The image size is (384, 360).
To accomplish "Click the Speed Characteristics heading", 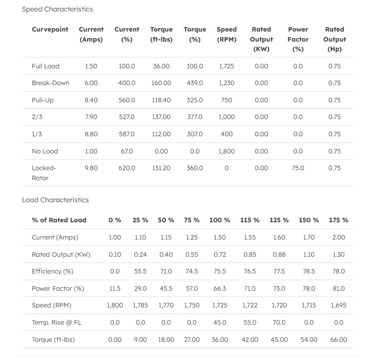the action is click(x=57, y=9).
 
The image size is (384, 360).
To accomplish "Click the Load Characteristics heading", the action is click(x=55, y=200).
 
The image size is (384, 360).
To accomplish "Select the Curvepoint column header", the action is click(x=50, y=29).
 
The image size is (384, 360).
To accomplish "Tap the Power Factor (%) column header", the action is click(x=298, y=39).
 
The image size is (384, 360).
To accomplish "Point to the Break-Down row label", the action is click(x=50, y=83).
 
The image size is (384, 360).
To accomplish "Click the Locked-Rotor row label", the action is click(x=44, y=173).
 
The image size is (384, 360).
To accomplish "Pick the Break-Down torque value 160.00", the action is click(x=161, y=83).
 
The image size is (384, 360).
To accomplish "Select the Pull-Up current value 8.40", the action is click(x=91, y=100).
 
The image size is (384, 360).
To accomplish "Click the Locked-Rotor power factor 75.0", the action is click(x=298, y=168).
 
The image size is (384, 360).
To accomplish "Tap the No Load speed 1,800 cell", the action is click(x=227, y=152).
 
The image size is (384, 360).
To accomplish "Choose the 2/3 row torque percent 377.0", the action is click(x=195, y=117).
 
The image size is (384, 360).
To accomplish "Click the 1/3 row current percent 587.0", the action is click(x=127, y=134).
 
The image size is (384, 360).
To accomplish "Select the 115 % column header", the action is click(x=250, y=220).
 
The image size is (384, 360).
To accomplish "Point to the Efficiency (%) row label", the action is click(x=53, y=272).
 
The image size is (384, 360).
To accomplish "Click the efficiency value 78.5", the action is click(x=309, y=272).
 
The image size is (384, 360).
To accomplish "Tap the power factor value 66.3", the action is click(x=219, y=288).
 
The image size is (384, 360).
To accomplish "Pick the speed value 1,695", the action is click(x=339, y=305).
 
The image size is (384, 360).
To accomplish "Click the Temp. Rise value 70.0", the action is click(x=279, y=323).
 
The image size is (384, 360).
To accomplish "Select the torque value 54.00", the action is click(x=309, y=339).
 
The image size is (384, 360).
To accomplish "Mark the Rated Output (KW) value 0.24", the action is click(x=140, y=255).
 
